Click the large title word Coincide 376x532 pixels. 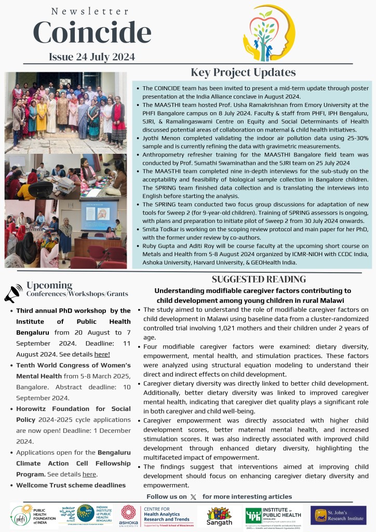tap(92, 33)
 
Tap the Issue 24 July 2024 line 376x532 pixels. tap(92, 57)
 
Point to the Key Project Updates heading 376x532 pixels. tap(243, 72)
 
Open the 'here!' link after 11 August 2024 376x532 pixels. tap(102, 354)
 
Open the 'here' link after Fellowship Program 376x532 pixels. tap(89, 474)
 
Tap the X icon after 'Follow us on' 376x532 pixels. tap(194, 497)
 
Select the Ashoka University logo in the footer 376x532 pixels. tap(129, 515)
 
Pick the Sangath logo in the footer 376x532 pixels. tap(219, 515)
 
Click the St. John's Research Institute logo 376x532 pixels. tap(338, 515)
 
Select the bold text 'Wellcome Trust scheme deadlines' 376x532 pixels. tap(71, 485)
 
